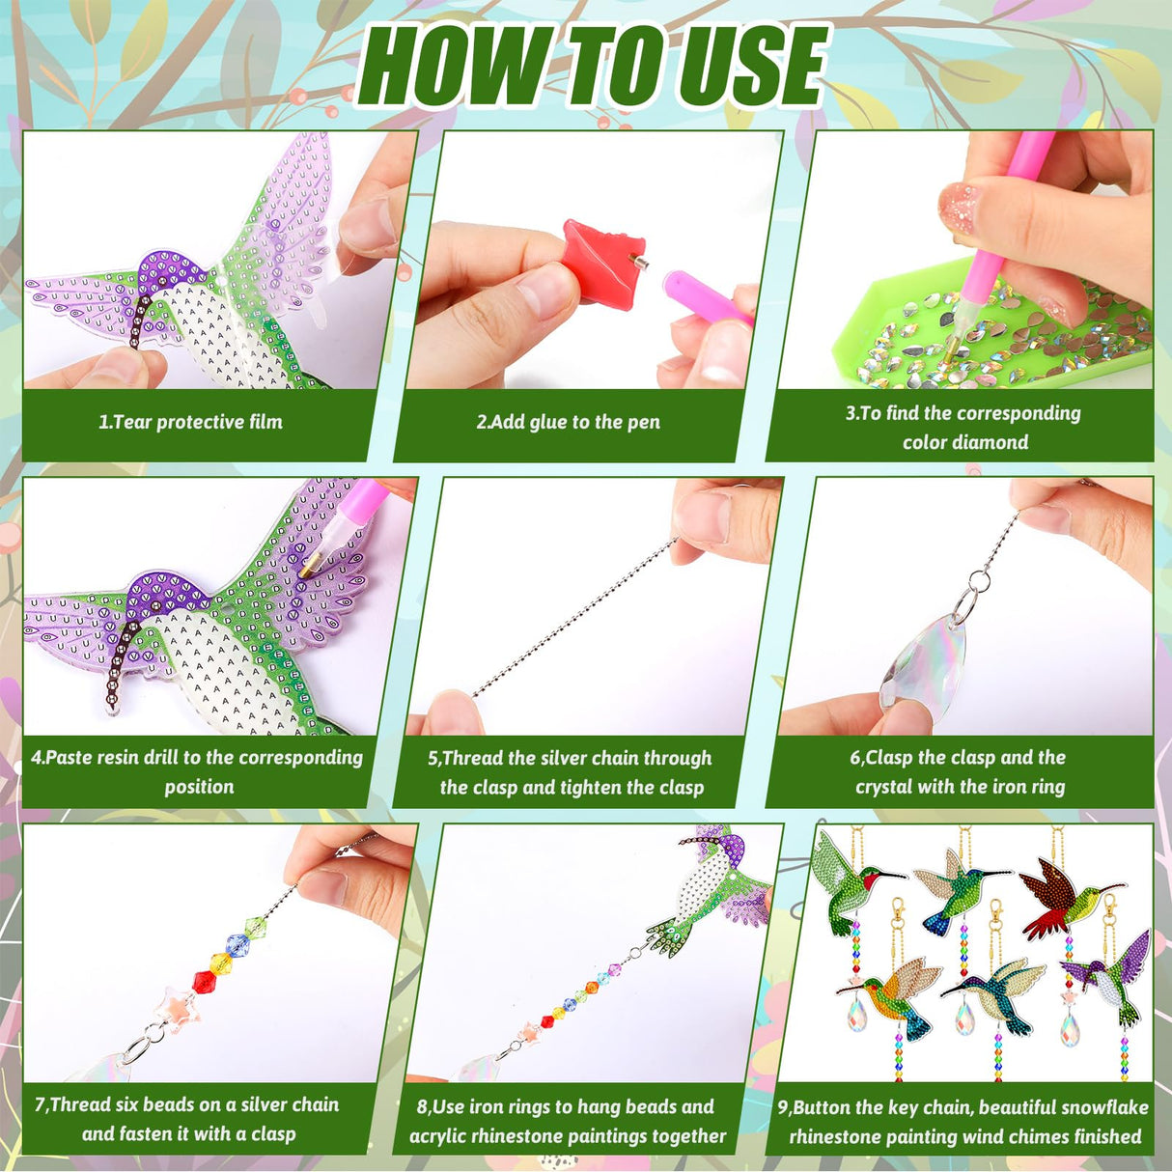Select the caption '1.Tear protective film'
(191, 422)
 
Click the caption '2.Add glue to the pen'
(569, 422)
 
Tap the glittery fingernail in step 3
(962, 203)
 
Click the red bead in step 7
(204, 982)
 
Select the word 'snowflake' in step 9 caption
(1099, 1107)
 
